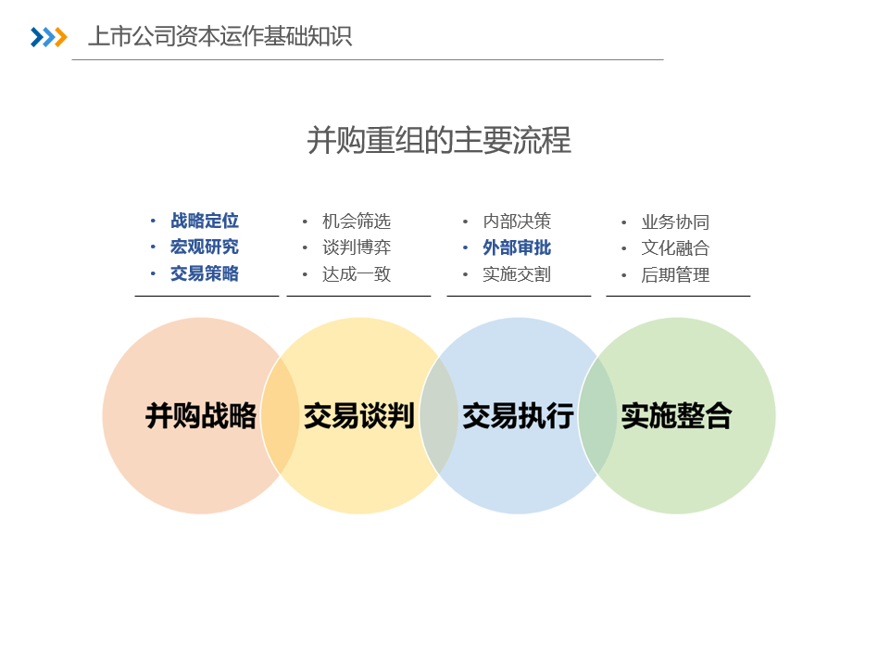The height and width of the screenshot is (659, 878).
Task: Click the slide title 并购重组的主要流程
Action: [x=439, y=140]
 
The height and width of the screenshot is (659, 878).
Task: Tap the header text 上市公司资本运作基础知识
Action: [x=220, y=36]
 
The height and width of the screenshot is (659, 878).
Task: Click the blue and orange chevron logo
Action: [x=49, y=37]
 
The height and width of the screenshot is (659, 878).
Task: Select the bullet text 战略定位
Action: [x=205, y=221]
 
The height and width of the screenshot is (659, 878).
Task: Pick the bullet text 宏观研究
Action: [x=205, y=247]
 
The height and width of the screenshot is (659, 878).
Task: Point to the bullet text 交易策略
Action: [x=205, y=274]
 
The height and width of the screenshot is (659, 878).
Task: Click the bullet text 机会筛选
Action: [x=357, y=222]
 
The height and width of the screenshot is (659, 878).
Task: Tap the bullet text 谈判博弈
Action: [x=357, y=247]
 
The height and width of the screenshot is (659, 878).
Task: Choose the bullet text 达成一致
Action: [x=357, y=274]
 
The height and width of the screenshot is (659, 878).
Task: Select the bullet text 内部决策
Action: [x=517, y=222]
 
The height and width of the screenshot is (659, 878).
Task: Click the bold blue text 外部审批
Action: [x=517, y=247]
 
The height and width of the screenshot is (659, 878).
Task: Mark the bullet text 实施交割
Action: [x=517, y=274]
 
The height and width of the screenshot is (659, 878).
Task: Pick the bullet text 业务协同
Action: [x=675, y=222]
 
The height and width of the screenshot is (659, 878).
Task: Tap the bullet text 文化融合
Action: [x=675, y=248]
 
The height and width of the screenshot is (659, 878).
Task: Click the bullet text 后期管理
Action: [x=675, y=275]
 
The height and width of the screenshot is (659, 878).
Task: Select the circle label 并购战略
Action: [x=200, y=416]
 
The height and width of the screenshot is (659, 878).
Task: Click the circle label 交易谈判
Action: [x=359, y=416]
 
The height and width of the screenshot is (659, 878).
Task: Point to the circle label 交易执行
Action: [x=518, y=416]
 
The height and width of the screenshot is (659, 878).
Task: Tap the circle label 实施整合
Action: [x=676, y=416]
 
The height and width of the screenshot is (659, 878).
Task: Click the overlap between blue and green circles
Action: [x=597, y=416]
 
